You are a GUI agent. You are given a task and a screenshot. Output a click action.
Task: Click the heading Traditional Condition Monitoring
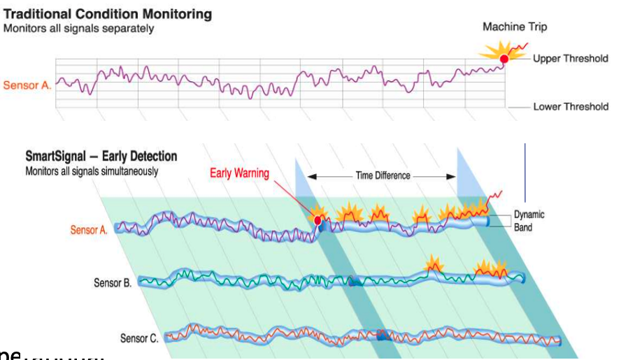point(108,14)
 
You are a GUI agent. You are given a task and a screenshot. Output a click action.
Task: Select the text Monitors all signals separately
point(78,29)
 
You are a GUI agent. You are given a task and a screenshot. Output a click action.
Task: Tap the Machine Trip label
point(515,27)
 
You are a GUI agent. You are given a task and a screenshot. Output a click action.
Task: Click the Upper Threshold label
point(570,59)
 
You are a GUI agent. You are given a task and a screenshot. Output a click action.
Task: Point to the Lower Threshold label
point(570,107)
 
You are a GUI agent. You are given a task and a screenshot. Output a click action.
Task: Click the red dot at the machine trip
point(504,59)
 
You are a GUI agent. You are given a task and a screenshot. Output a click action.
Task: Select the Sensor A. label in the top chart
point(27,86)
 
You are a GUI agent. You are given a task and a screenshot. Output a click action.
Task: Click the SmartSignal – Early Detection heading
point(101,157)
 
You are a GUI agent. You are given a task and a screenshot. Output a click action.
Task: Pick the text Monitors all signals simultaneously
point(92,171)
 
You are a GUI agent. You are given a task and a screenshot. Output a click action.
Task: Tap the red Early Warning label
point(239,173)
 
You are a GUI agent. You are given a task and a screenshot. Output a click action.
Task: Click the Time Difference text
point(383,175)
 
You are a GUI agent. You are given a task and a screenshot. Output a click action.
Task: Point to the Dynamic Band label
point(529,220)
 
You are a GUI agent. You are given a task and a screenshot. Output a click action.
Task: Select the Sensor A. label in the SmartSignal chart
point(89,230)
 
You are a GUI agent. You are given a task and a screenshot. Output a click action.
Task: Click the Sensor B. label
point(113,283)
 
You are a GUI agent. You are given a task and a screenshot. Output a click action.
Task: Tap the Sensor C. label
point(138,338)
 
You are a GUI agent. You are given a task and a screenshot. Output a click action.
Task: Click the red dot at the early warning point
point(318,221)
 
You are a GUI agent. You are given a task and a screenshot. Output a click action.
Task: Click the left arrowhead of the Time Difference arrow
point(311,176)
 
